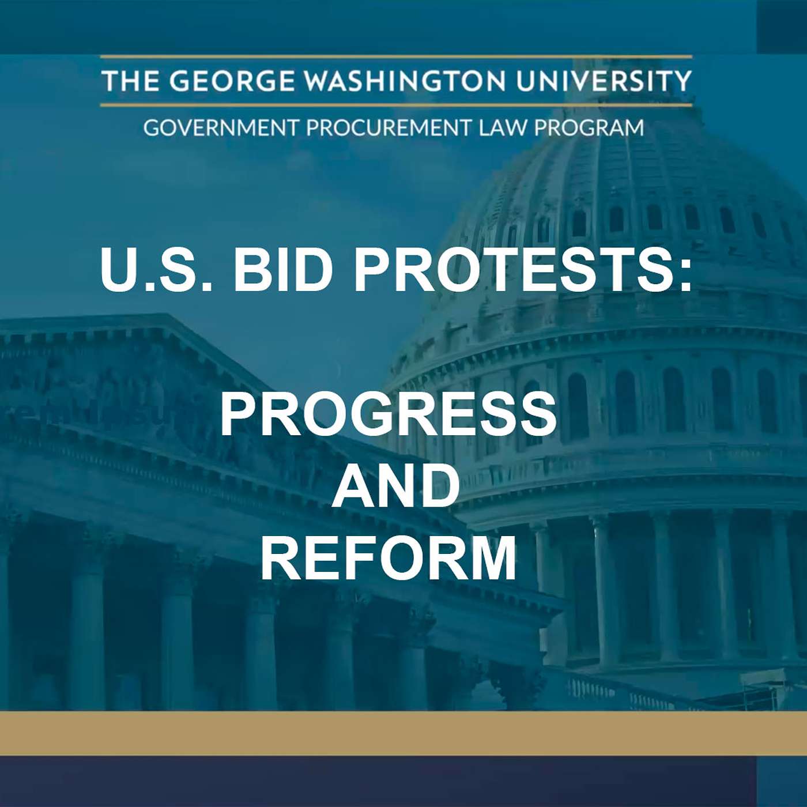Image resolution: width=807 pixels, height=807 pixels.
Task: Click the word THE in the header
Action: (x=130, y=81)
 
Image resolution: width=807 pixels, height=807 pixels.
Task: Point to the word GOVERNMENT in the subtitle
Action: (x=221, y=127)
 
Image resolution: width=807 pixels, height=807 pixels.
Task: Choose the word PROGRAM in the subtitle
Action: (x=589, y=127)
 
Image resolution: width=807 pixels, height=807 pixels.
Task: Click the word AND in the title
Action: (x=395, y=486)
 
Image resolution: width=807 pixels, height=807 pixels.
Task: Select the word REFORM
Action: (x=389, y=558)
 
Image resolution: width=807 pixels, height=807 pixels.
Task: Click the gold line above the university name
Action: (x=395, y=56)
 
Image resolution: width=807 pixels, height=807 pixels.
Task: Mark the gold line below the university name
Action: (x=395, y=105)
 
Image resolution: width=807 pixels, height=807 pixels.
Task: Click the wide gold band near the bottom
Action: (x=403, y=733)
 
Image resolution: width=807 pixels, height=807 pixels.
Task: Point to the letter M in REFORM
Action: (x=488, y=558)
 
